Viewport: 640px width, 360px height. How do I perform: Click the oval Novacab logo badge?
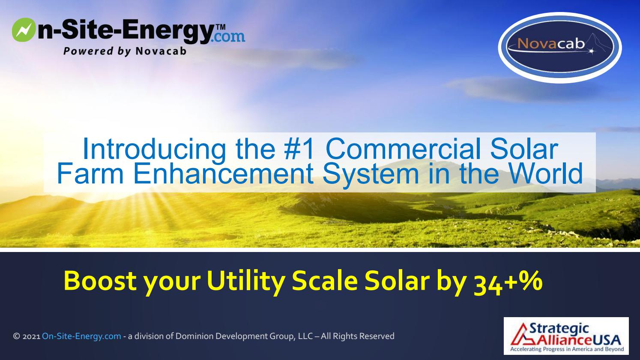pos(560,47)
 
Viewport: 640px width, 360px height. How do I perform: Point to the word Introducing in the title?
pos(153,149)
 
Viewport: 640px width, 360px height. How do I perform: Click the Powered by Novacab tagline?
pos(125,51)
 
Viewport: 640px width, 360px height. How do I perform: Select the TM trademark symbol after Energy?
pos(220,27)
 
